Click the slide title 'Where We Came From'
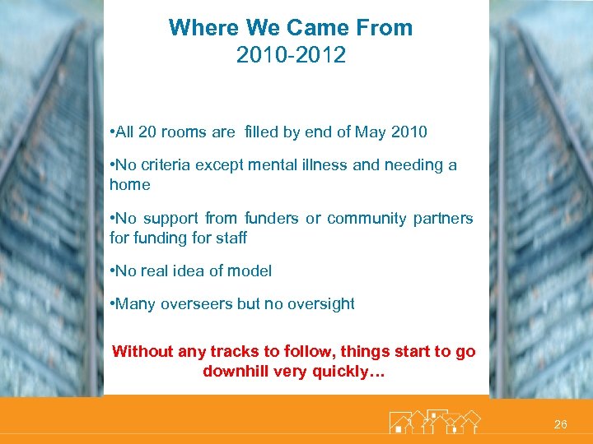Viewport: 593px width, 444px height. (291, 28)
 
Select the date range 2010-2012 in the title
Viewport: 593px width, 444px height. (291, 56)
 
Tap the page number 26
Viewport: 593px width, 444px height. (560, 424)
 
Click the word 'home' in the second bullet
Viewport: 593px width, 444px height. (129, 185)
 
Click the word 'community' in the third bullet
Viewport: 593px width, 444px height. (367, 218)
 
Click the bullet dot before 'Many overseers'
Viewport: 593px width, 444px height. (112, 303)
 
